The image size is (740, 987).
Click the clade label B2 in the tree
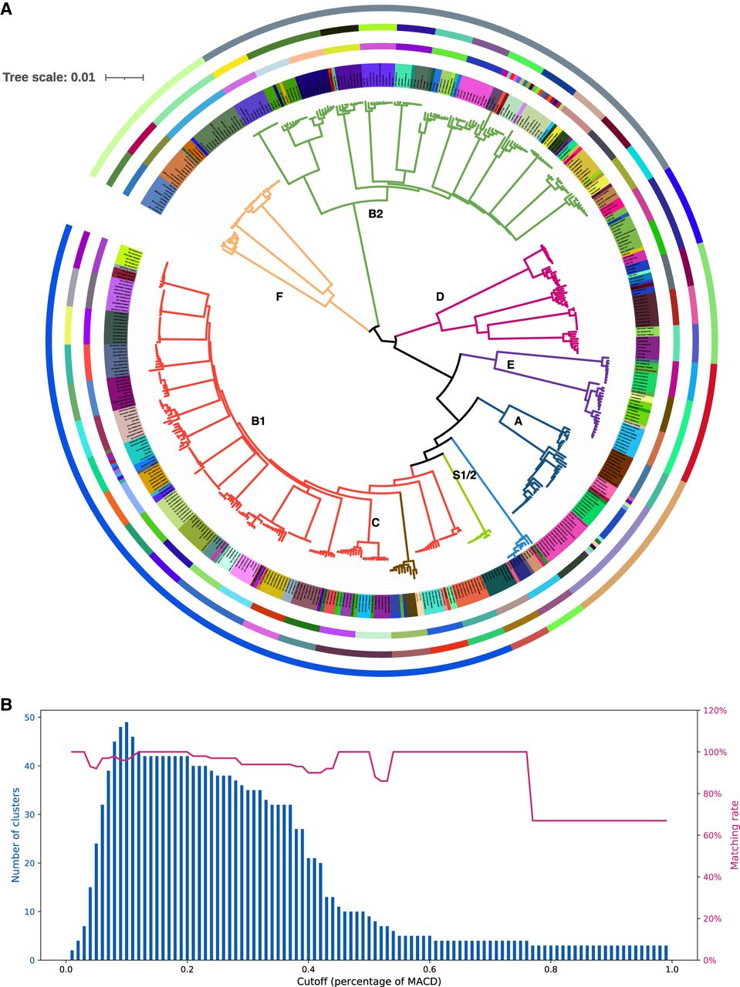click(375, 214)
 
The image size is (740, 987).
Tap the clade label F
click(280, 296)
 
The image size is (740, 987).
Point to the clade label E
click(510, 365)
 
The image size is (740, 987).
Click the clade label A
click(519, 421)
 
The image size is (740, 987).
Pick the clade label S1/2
click(465, 475)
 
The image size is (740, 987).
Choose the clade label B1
click(258, 421)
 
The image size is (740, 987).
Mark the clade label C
click(375, 523)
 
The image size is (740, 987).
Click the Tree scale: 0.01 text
click(49, 77)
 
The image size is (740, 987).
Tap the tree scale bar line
click(124, 77)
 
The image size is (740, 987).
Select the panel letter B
click(7, 705)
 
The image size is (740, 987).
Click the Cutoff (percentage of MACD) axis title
click(368, 982)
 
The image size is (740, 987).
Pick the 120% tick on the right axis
click(717, 710)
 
